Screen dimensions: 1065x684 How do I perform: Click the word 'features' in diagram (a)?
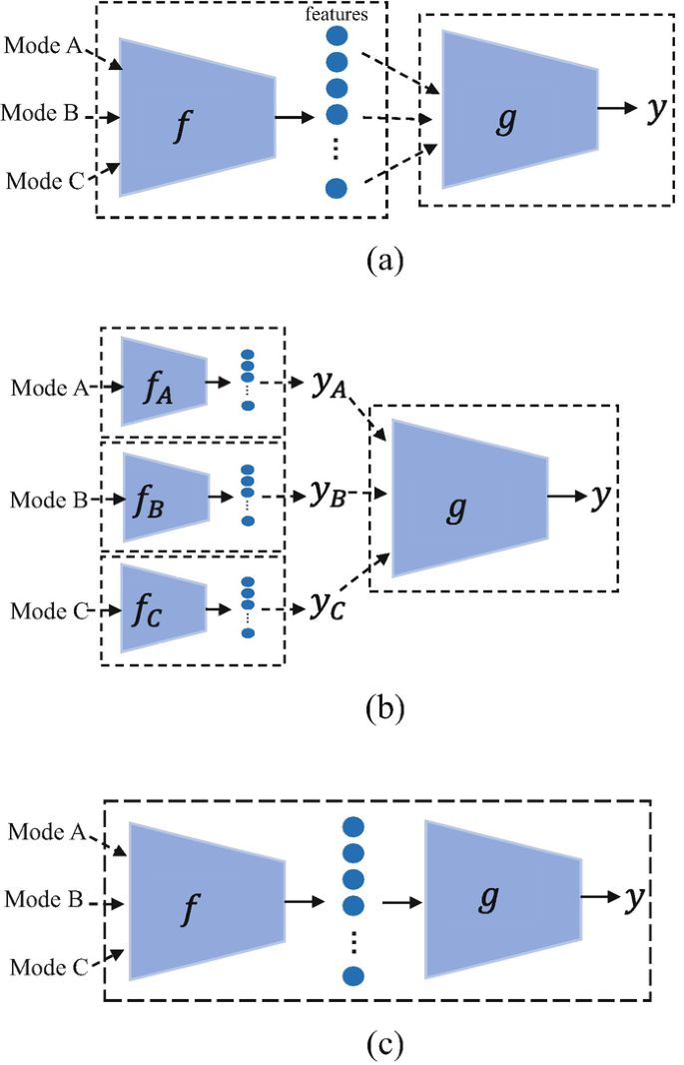tap(337, 14)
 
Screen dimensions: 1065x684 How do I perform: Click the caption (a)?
tap(383, 262)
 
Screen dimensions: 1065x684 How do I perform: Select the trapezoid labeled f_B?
tap(164, 498)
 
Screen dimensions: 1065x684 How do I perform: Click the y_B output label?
tap(324, 494)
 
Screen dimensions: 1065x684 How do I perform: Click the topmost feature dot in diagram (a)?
tap(337, 37)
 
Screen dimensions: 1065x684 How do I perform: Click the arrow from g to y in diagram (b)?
tap(571, 496)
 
